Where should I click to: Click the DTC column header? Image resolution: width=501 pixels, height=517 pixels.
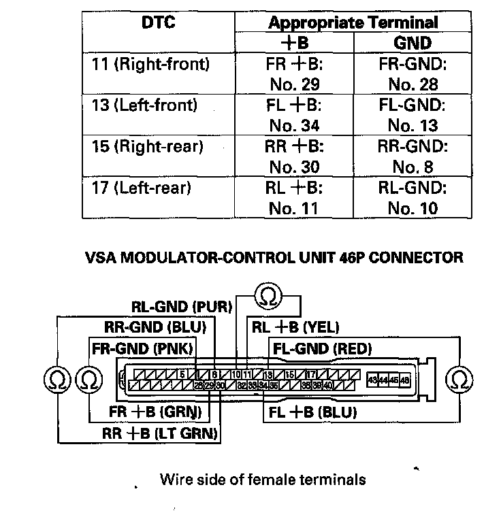click(159, 22)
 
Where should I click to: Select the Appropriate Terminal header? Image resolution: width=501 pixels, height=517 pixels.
click(353, 22)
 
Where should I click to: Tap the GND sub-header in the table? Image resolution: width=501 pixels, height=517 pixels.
click(413, 44)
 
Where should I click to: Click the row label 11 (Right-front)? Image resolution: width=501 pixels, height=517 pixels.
click(150, 65)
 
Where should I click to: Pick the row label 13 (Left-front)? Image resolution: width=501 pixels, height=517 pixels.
click(144, 105)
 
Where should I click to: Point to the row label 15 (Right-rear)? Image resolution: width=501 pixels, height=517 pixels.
click(147, 147)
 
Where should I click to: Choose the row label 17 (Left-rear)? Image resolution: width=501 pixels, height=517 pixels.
click(142, 188)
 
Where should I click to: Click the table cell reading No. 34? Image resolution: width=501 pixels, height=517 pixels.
click(294, 126)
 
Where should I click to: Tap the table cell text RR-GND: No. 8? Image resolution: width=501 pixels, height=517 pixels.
click(413, 157)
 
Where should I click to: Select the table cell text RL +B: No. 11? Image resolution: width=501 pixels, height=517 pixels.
click(294, 198)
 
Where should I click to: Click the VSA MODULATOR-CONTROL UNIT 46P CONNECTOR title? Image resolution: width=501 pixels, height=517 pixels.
click(274, 258)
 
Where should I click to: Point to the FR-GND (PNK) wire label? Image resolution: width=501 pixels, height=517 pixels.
click(142, 350)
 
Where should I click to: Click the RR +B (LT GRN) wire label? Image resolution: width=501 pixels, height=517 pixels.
click(160, 433)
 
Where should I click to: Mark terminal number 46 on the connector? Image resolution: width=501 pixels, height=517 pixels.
click(405, 380)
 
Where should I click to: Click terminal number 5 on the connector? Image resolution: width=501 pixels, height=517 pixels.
click(182, 374)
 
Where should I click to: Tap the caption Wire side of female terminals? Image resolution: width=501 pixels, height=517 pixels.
click(263, 480)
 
